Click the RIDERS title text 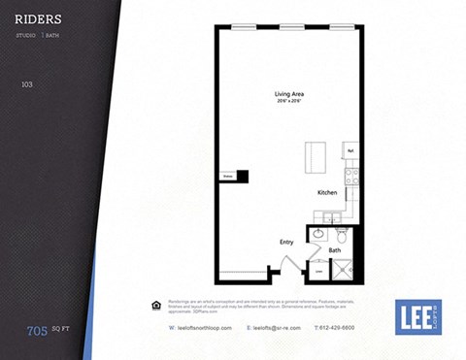coord(40,18)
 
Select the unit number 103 coord(26,85)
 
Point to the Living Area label coord(289,94)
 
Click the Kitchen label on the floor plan coord(327,193)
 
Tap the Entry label coord(286,242)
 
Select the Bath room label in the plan coord(335,250)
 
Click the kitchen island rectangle coord(316,156)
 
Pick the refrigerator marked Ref coord(350,151)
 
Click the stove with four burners coord(351,176)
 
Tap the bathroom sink coord(318,233)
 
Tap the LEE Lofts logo coord(418,316)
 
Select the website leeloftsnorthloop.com coord(195,328)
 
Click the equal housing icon coord(156,305)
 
